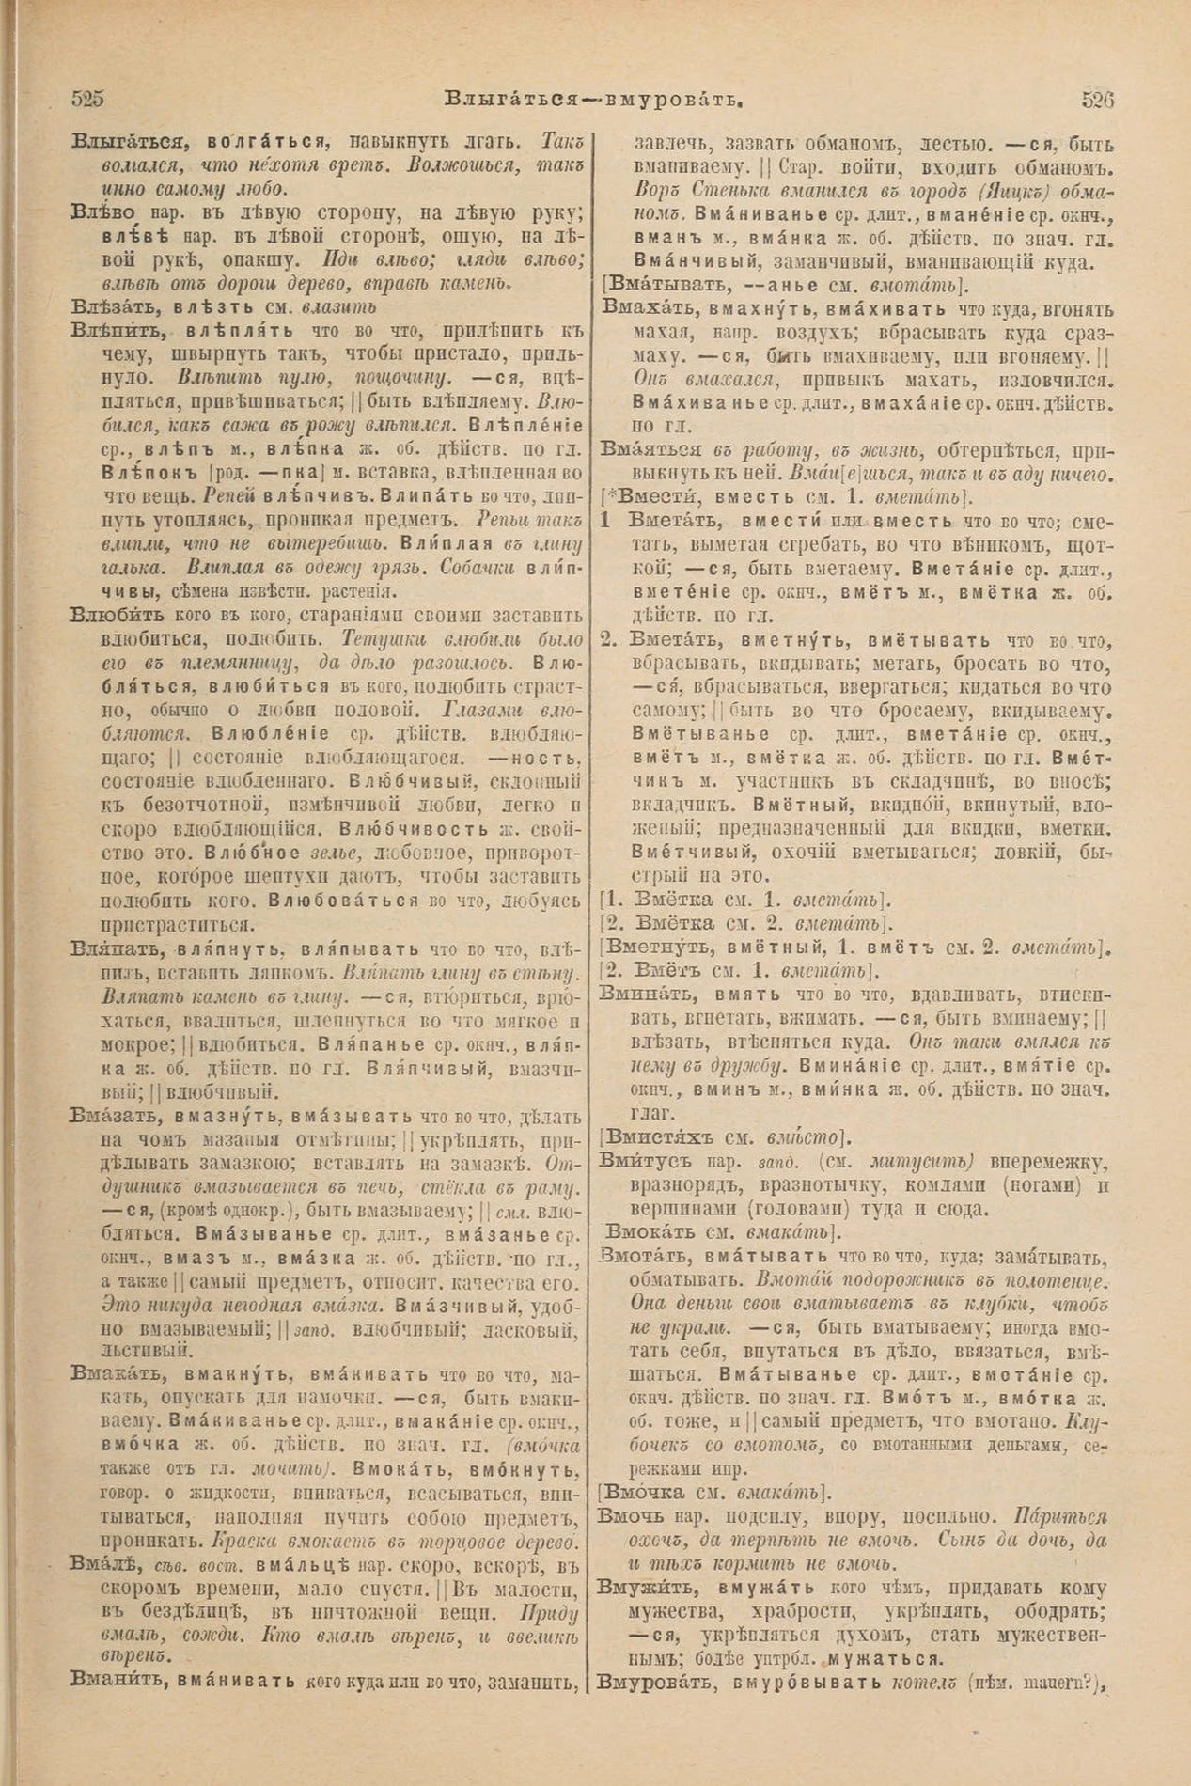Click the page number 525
click(x=86, y=99)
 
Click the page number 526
click(x=1097, y=100)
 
